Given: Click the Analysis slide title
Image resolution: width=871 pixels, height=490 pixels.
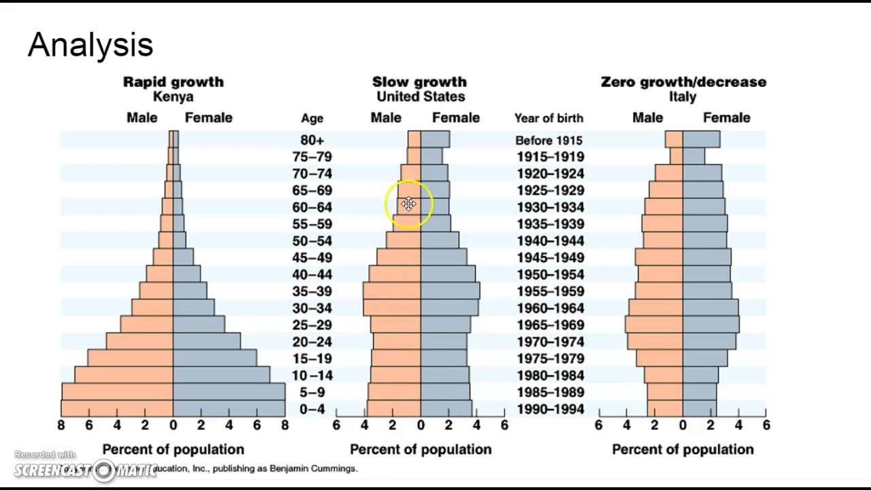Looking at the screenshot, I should click(x=91, y=45).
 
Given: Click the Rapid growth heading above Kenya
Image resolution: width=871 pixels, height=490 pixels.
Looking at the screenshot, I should click(x=173, y=82).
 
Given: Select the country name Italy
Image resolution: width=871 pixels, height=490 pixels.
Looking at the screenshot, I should click(x=683, y=97).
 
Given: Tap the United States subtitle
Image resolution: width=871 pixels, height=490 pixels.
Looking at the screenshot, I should click(x=421, y=97).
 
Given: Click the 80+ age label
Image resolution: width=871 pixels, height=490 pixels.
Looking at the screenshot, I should click(x=312, y=140).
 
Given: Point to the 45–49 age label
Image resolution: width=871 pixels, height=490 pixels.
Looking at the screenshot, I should click(x=312, y=258).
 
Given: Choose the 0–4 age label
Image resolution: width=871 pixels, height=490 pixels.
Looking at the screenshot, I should click(x=312, y=409).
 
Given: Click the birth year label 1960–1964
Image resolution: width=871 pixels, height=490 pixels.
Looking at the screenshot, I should click(x=550, y=308).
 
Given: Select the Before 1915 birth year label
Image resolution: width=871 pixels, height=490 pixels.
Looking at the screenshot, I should click(x=548, y=140).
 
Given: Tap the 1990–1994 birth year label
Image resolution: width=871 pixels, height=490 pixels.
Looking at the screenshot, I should click(x=550, y=409).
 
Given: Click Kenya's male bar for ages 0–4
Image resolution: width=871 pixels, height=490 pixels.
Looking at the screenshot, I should click(x=117, y=408).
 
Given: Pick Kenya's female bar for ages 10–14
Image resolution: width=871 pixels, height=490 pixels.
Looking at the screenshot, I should click(x=221, y=375).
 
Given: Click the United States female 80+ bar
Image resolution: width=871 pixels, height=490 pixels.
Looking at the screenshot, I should click(x=435, y=140).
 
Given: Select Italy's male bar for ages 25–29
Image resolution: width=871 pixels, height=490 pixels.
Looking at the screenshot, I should click(x=654, y=325).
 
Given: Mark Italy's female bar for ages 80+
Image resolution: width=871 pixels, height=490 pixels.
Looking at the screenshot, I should click(x=701, y=140).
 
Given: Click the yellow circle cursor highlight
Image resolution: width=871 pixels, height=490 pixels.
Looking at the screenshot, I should click(x=408, y=203).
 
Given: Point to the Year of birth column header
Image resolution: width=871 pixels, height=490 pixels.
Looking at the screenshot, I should click(x=548, y=118).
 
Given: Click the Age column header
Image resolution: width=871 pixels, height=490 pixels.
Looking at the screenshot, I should click(x=312, y=118).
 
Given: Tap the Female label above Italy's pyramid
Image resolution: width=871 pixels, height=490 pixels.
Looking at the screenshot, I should click(x=726, y=118).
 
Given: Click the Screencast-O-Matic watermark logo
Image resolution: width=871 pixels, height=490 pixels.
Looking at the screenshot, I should click(x=85, y=469).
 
